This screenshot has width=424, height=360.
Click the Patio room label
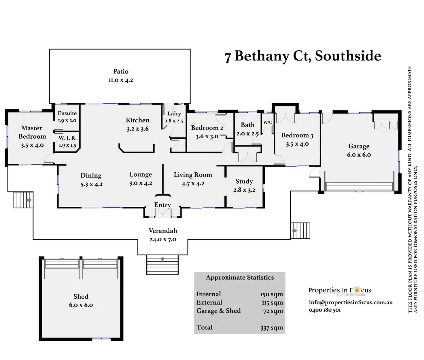tap(121, 71)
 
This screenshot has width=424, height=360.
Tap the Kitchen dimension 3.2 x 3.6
tap(138, 129)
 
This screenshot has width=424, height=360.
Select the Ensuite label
tap(67, 113)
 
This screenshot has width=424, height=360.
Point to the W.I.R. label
tap(67, 138)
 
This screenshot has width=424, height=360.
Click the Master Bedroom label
tap(32, 132)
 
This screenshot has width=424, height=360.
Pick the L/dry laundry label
tap(174, 114)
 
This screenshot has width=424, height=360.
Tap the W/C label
tap(268, 122)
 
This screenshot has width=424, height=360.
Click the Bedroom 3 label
tap(297, 135)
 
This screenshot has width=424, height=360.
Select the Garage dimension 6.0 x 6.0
tap(359, 155)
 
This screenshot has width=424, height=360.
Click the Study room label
tap(244, 181)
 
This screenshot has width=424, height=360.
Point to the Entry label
tap(162, 205)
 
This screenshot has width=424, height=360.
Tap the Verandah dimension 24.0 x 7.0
tap(163, 240)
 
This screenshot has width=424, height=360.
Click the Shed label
tap(81, 297)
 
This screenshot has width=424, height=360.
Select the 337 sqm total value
tap(272, 328)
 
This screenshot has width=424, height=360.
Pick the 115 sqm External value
tap(272, 303)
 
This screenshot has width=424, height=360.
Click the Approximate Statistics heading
tap(240, 278)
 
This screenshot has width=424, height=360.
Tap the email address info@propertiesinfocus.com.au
tap(351, 302)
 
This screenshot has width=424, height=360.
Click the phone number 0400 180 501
tap(325, 310)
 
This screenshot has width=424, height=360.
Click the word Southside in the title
tap(348, 56)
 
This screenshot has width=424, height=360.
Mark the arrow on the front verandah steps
tap(162, 259)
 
